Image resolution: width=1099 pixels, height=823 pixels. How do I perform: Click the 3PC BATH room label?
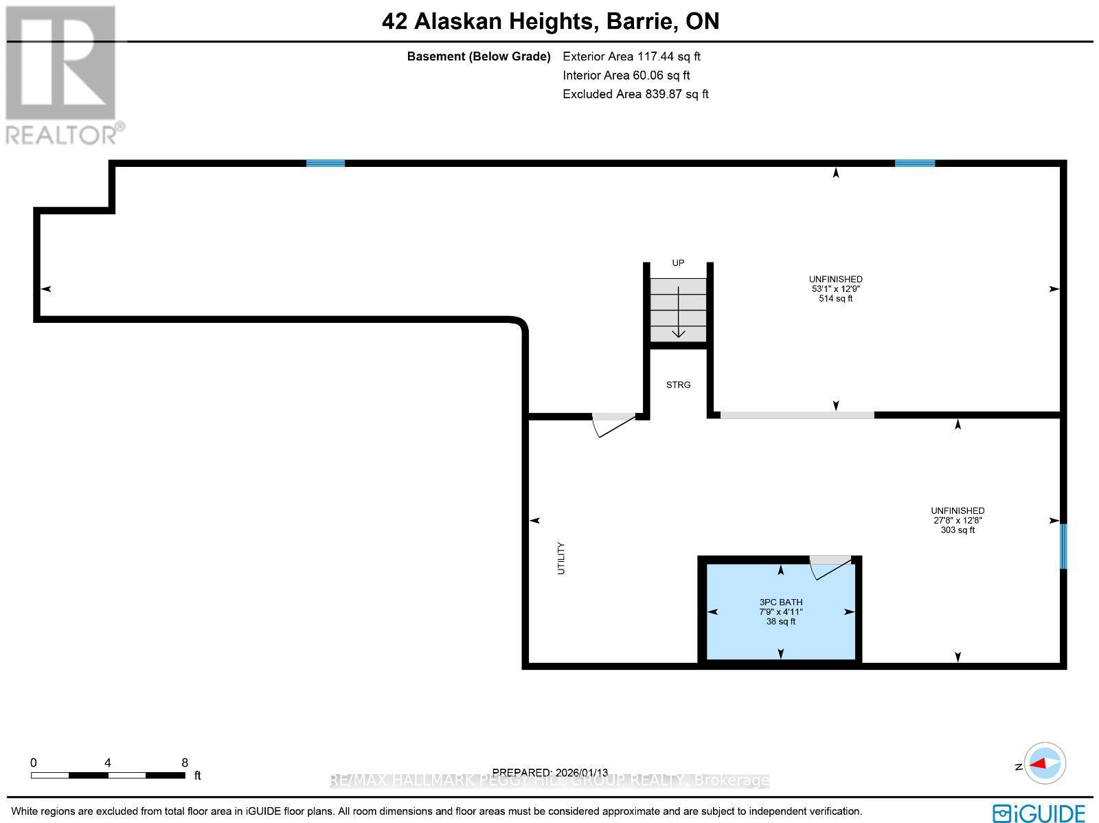click(x=780, y=602)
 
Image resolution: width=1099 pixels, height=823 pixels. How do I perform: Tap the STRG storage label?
click(x=678, y=385)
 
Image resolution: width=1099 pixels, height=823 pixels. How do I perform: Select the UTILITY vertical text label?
click(x=560, y=558)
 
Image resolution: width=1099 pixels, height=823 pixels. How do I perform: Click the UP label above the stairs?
click(x=678, y=263)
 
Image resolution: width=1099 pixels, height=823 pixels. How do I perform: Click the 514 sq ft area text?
click(x=835, y=299)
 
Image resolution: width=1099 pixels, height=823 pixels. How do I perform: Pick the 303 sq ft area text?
click(x=958, y=530)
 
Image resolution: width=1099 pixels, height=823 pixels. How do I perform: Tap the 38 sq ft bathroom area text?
click(x=780, y=622)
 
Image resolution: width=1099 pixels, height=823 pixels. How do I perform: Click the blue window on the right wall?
click(x=1063, y=546)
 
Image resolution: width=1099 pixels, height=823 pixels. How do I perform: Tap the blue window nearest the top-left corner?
click(x=325, y=163)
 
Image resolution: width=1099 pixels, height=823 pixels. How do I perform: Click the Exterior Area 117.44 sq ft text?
click(x=631, y=56)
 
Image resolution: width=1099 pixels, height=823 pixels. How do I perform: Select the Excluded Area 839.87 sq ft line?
click(x=635, y=94)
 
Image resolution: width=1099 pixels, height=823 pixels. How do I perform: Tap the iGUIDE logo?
click(x=1039, y=813)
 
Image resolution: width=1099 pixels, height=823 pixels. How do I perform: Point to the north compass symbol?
click(x=1045, y=763)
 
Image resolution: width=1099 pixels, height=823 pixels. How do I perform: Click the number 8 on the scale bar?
click(x=184, y=763)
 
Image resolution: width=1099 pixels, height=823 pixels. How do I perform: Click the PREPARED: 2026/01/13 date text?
click(x=550, y=772)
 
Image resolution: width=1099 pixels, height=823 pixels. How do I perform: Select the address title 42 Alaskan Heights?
click(x=488, y=21)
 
